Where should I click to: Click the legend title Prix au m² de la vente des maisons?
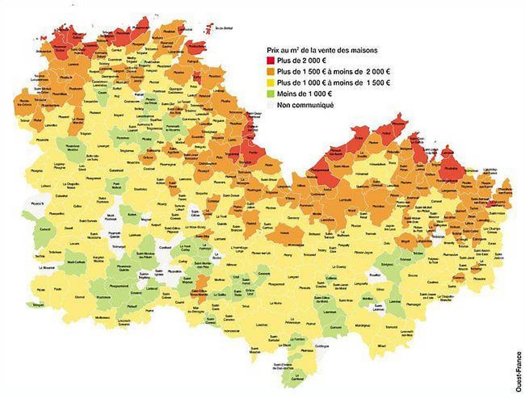(x=322, y=50)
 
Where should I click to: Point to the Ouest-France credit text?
(x=518, y=371)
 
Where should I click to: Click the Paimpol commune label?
(x=192, y=61)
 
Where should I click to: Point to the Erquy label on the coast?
(x=359, y=138)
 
